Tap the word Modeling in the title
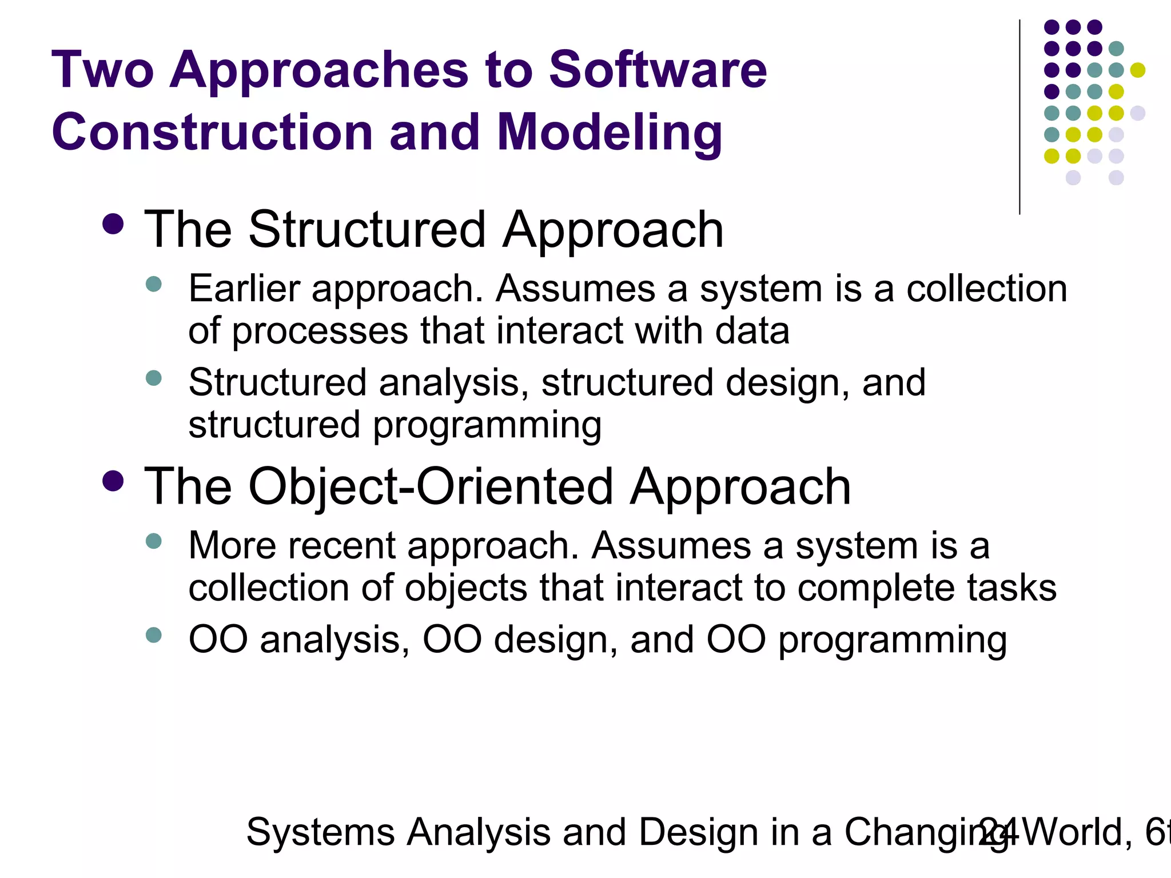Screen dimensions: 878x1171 [x=610, y=133]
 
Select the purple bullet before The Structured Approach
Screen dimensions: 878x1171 [x=113, y=225]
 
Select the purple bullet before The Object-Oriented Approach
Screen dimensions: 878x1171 [x=113, y=481]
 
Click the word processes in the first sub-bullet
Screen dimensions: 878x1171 [x=320, y=332]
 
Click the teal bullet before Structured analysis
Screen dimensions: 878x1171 [x=154, y=378]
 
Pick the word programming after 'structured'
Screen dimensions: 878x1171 [x=487, y=426]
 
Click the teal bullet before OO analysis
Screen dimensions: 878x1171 [x=154, y=634]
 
